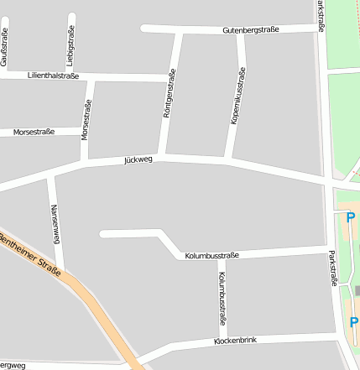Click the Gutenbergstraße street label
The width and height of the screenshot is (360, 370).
[x=250, y=30]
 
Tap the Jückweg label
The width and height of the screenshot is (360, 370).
[x=138, y=159]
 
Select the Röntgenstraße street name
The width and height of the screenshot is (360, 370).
[x=169, y=94]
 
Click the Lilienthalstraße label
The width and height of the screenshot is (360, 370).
[x=53, y=76]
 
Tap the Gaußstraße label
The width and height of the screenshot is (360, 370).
[x=4, y=47]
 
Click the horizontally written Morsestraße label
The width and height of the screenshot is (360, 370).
[x=34, y=132]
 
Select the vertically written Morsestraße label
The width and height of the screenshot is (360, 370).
[x=85, y=120]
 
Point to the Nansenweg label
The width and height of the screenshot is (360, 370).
[x=55, y=223]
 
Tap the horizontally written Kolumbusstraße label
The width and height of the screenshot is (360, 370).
[x=212, y=255]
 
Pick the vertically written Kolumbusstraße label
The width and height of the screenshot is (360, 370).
[x=222, y=297]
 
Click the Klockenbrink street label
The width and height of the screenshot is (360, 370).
[x=235, y=341]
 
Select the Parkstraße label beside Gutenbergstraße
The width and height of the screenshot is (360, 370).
[x=321, y=17]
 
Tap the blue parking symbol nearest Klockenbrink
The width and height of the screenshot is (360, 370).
[x=353, y=322]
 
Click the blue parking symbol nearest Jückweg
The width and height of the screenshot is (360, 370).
[x=351, y=217]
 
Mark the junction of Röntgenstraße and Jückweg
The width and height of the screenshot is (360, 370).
[x=161, y=157]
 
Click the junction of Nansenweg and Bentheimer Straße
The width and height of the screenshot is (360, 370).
[x=62, y=270]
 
